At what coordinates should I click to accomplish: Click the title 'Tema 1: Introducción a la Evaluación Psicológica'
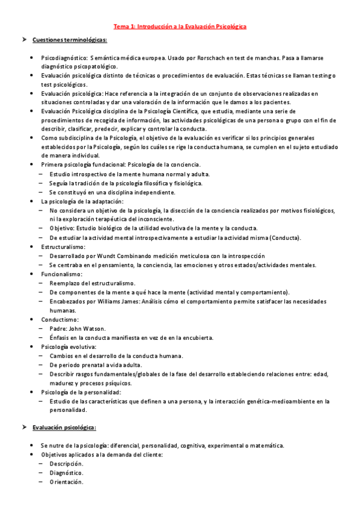tap(180, 26)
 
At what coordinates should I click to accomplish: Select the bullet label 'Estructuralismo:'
tap(63, 247)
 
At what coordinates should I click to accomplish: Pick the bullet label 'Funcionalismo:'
tap(61, 274)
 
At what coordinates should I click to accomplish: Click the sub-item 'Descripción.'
tap(66, 464)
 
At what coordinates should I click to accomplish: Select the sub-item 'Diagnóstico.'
tap(66, 473)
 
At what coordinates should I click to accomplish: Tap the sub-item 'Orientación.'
tap(66, 482)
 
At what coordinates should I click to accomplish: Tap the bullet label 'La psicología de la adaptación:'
tap(82, 201)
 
